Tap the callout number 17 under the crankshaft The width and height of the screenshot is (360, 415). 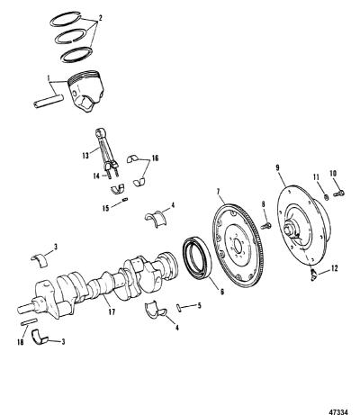[x=112, y=312]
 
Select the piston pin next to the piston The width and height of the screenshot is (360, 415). [x=49, y=101]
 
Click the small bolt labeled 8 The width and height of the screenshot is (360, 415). [x=265, y=226]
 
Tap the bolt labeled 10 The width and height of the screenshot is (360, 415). [x=339, y=193]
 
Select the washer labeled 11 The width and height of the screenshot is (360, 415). [x=326, y=197]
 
